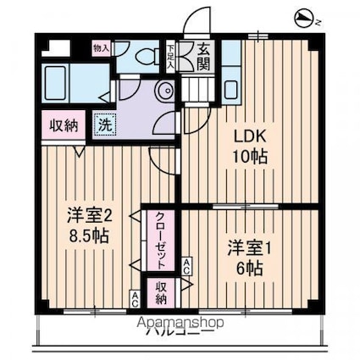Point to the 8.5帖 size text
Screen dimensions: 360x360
(88, 237)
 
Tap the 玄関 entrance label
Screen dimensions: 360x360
(205, 57)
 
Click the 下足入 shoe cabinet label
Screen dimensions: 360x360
(171, 57)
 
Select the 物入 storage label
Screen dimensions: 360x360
(101, 49)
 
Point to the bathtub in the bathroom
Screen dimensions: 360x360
(63, 83)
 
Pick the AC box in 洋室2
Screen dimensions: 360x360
(135, 297)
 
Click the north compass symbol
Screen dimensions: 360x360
(305, 18)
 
